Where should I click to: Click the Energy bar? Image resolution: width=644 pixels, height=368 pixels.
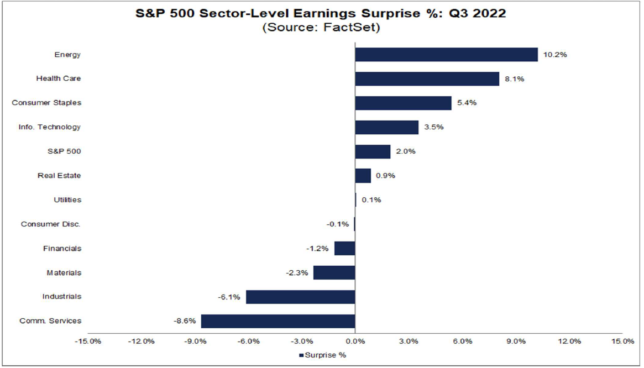446,55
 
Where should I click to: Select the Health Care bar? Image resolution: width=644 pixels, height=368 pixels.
427,79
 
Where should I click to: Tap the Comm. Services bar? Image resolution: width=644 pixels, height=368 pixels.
278,321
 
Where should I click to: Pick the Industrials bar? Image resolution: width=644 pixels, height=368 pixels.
300,297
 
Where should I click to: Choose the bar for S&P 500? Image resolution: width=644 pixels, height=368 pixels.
373,152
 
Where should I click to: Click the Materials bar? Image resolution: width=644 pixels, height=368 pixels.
334,272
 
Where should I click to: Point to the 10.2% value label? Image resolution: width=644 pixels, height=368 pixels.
556,55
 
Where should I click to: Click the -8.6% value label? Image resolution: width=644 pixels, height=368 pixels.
185,321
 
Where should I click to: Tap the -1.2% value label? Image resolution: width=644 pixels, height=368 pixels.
318,249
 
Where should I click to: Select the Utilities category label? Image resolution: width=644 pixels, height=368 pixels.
67,200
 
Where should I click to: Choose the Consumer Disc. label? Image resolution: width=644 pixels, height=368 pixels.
51,224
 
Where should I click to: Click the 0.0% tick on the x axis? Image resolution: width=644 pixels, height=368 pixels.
355,341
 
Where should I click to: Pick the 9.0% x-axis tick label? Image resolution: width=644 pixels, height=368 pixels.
516,341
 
